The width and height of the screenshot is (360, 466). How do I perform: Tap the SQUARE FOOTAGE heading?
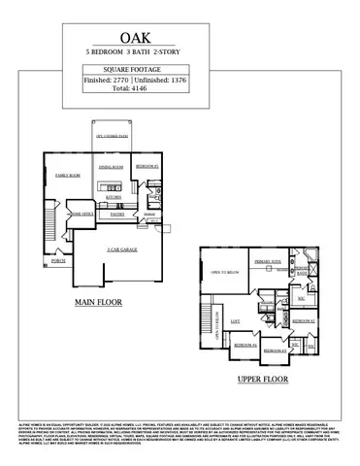point(180,71)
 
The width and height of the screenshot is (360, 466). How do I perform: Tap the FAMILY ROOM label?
point(67,175)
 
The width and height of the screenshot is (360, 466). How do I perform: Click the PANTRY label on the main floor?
point(116,213)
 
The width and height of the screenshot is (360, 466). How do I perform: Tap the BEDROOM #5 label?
point(147,167)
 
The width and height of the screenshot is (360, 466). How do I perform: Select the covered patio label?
point(114,137)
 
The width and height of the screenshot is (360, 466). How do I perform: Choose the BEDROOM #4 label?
point(244,345)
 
